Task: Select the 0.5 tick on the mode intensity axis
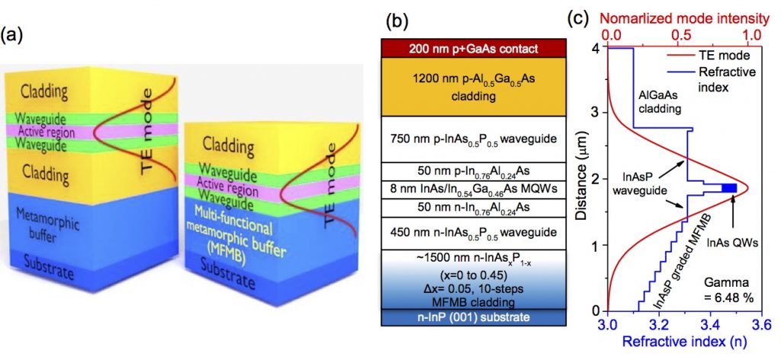click(x=681, y=35)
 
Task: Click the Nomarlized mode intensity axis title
click(x=681, y=15)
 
